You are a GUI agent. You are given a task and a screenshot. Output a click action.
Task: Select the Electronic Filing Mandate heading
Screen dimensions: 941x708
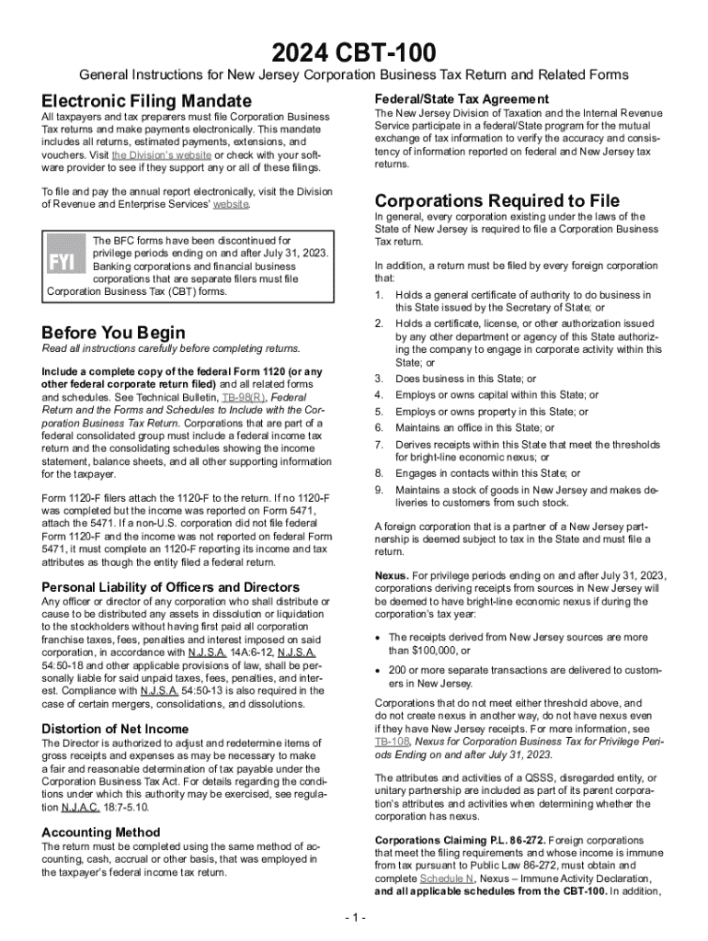tap(146, 100)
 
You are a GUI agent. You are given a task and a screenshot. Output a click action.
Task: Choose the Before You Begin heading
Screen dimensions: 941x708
tap(113, 333)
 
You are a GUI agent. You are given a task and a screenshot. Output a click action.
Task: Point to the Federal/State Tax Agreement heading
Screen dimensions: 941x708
tap(462, 98)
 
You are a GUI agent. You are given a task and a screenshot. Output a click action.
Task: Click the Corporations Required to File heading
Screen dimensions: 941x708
tap(497, 200)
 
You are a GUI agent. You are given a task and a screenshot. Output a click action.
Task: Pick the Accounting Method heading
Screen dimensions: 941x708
tap(101, 833)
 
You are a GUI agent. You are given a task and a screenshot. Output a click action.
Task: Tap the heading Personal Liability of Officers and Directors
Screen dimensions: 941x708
tap(170, 586)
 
